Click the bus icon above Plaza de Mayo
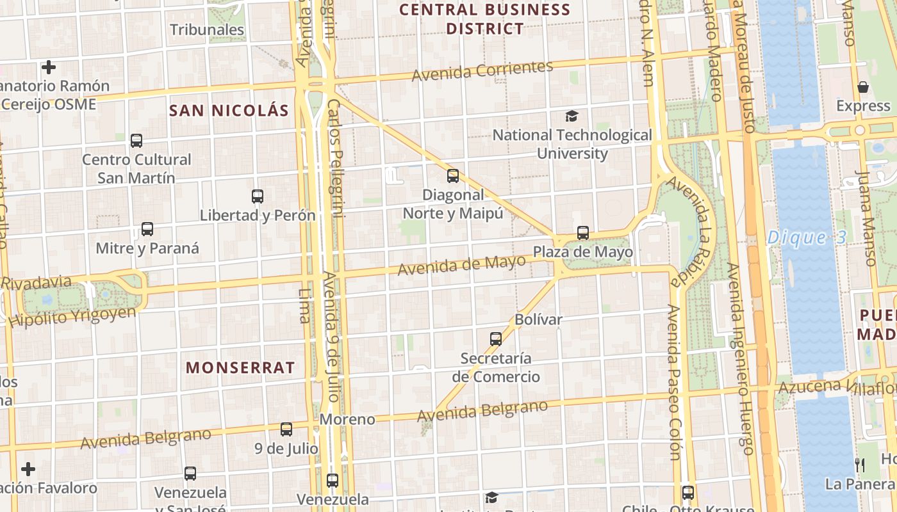582,233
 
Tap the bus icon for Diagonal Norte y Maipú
453,176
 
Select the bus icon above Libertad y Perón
258,196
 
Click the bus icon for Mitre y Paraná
147,229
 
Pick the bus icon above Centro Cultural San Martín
136,141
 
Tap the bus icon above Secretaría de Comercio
496,339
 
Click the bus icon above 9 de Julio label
286,429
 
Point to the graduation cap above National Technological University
572,116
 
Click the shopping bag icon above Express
863,87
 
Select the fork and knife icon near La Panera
860,465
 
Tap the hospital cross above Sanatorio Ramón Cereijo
49,67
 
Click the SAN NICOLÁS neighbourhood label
229,110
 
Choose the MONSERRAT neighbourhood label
240,367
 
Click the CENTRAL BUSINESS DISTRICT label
485,19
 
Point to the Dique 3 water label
807,238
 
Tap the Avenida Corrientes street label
482,71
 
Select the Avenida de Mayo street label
461,265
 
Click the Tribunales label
207,29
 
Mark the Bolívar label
538,319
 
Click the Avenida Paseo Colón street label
674,382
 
